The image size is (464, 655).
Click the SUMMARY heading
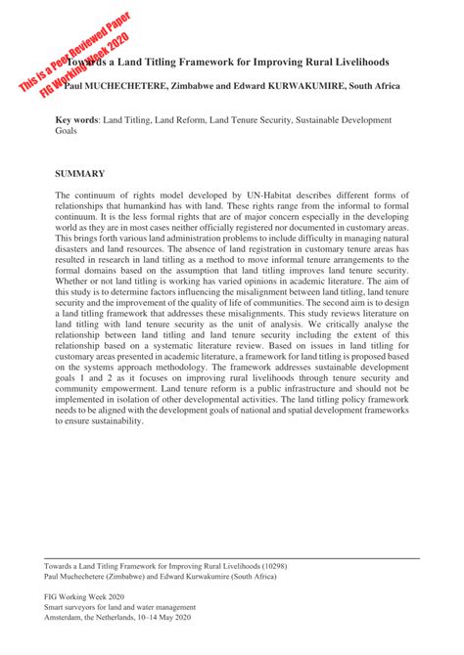point(79,173)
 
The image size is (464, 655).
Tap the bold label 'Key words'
point(75,119)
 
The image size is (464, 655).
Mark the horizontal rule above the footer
point(232,558)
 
